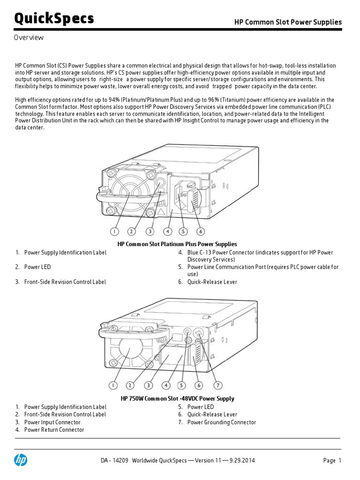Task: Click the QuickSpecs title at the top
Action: (54, 18)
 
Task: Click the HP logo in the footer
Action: (21, 460)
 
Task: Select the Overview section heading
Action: (29, 38)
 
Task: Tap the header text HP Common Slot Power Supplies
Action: (288, 22)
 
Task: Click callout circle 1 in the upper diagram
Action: (114, 231)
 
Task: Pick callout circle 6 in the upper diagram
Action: (200, 231)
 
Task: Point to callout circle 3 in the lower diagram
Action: (149, 385)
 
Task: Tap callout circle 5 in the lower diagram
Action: (182, 385)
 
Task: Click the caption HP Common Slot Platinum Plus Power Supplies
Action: (177, 244)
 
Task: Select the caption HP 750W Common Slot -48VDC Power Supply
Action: (177, 398)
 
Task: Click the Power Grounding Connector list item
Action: (221, 422)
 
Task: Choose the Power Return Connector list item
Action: (54, 430)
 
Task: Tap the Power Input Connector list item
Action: (52, 422)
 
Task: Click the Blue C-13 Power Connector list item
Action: (260, 253)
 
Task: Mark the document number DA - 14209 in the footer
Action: (114, 461)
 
